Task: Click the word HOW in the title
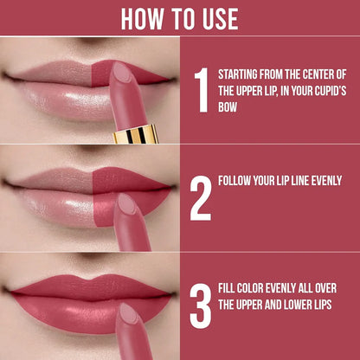(139, 17)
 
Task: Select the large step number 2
(200, 198)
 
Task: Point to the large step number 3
(200, 307)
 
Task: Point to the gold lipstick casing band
(137, 134)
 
